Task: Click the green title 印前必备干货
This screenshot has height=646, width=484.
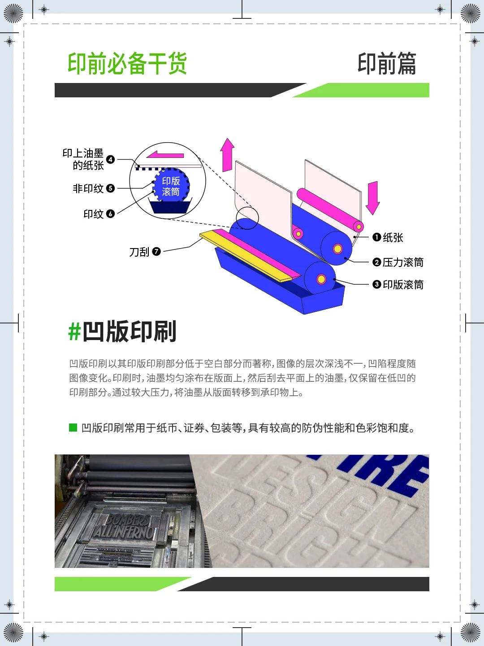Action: [x=127, y=63]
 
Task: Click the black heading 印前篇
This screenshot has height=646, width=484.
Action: [x=387, y=63]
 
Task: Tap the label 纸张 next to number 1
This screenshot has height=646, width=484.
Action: [x=393, y=237]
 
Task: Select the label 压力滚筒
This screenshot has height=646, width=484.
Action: [x=403, y=262]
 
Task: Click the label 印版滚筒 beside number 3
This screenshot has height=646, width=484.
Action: [x=403, y=284]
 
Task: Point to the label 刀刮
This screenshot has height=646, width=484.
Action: [x=139, y=252]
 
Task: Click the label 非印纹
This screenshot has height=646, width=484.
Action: [x=88, y=188]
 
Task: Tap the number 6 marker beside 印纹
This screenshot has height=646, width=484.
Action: [x=110, y=214]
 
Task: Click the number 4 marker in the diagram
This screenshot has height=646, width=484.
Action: [x=110, y=160]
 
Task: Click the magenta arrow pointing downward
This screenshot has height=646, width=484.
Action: [x=373, y=197]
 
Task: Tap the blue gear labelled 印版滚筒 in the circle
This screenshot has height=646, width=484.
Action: [x=171, y=186]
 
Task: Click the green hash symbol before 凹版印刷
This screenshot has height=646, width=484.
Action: [x=74, y=332]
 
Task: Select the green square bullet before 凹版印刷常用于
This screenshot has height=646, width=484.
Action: [x=73, y=428]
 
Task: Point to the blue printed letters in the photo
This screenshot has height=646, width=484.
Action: [x=385, y=471]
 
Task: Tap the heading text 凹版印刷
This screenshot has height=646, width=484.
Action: [x=130, y=332]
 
